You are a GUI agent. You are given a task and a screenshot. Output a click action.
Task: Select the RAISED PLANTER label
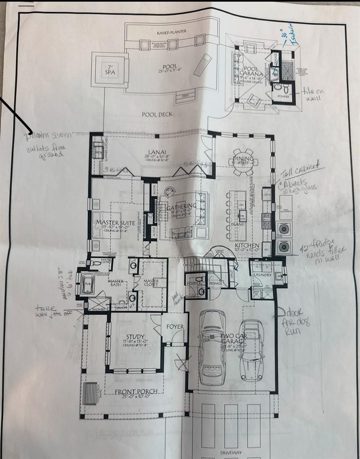(172, 32)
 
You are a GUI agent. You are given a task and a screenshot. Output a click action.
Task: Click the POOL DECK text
(157, 114)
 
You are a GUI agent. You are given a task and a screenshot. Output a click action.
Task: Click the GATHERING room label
(182, 207)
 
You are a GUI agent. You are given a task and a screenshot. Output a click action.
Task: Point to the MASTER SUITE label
(112, 223)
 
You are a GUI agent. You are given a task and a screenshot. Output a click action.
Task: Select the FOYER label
(175, 327)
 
